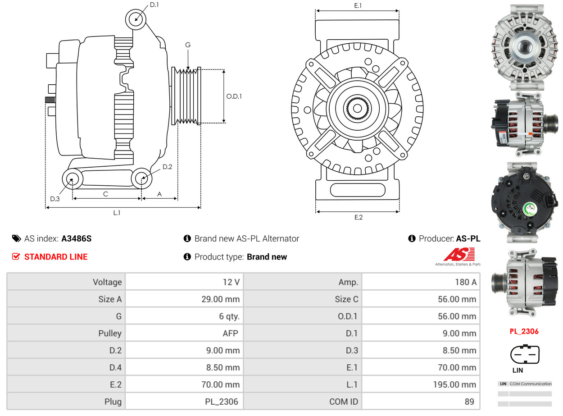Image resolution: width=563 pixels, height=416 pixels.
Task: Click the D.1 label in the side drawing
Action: pyautogui.click(x=154, y=5)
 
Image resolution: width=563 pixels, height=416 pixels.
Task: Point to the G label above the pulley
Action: pyautogui.click(x=188, y=45)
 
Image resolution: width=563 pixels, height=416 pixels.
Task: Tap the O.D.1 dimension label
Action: pyautogui.click(x=234, y=96)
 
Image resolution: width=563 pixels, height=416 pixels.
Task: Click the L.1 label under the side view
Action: pyautogui.click(x=117, y=213)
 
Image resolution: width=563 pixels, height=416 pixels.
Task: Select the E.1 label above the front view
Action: pyautogui.click(x=358, y=5)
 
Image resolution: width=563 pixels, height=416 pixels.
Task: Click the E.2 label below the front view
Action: pyautogui.click(x=358, y=217)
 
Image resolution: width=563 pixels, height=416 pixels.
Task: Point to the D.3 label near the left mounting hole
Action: pyautogui.click(x=55, y=199)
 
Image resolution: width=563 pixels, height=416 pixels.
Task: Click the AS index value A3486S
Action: pyautogui.click(x=76, y=239)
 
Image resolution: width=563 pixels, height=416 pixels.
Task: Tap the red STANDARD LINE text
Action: pyautogui.click(x=56, y=257)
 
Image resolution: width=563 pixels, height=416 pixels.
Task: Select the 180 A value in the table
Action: pyautogui.click(x=466, y=282)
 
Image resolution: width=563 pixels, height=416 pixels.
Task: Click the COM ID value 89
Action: pyautogui.click(x=469, y=402)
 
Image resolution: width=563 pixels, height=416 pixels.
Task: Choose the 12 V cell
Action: pyautogui.click(x=231, y=282)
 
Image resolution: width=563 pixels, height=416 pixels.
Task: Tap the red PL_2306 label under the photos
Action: pyautogui.click(x=524, y=332)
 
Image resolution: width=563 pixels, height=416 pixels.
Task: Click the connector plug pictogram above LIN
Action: pyautogui.click(x=524, y=354)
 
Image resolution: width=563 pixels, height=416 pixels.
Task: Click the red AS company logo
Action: pyautogui.click(x=459, y=255)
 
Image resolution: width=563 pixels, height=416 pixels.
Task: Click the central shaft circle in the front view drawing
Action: pyautogui.click(x=358, y=108)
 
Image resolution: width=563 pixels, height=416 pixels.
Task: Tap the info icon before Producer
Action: pyautogui.click(x=412, y=239)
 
